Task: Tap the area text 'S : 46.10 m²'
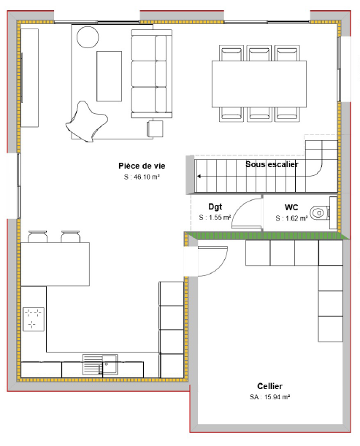coord(142,177)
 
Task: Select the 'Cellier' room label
coord(269,386)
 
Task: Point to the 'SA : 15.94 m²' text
coord(269,397)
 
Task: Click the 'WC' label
coord(291,207)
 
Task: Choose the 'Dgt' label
coord(215,207)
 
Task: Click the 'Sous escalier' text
coord(272,165)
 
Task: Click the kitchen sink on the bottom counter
coord(99,363)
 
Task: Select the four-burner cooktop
coord(34,318)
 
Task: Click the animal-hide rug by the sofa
coord(87,120)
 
